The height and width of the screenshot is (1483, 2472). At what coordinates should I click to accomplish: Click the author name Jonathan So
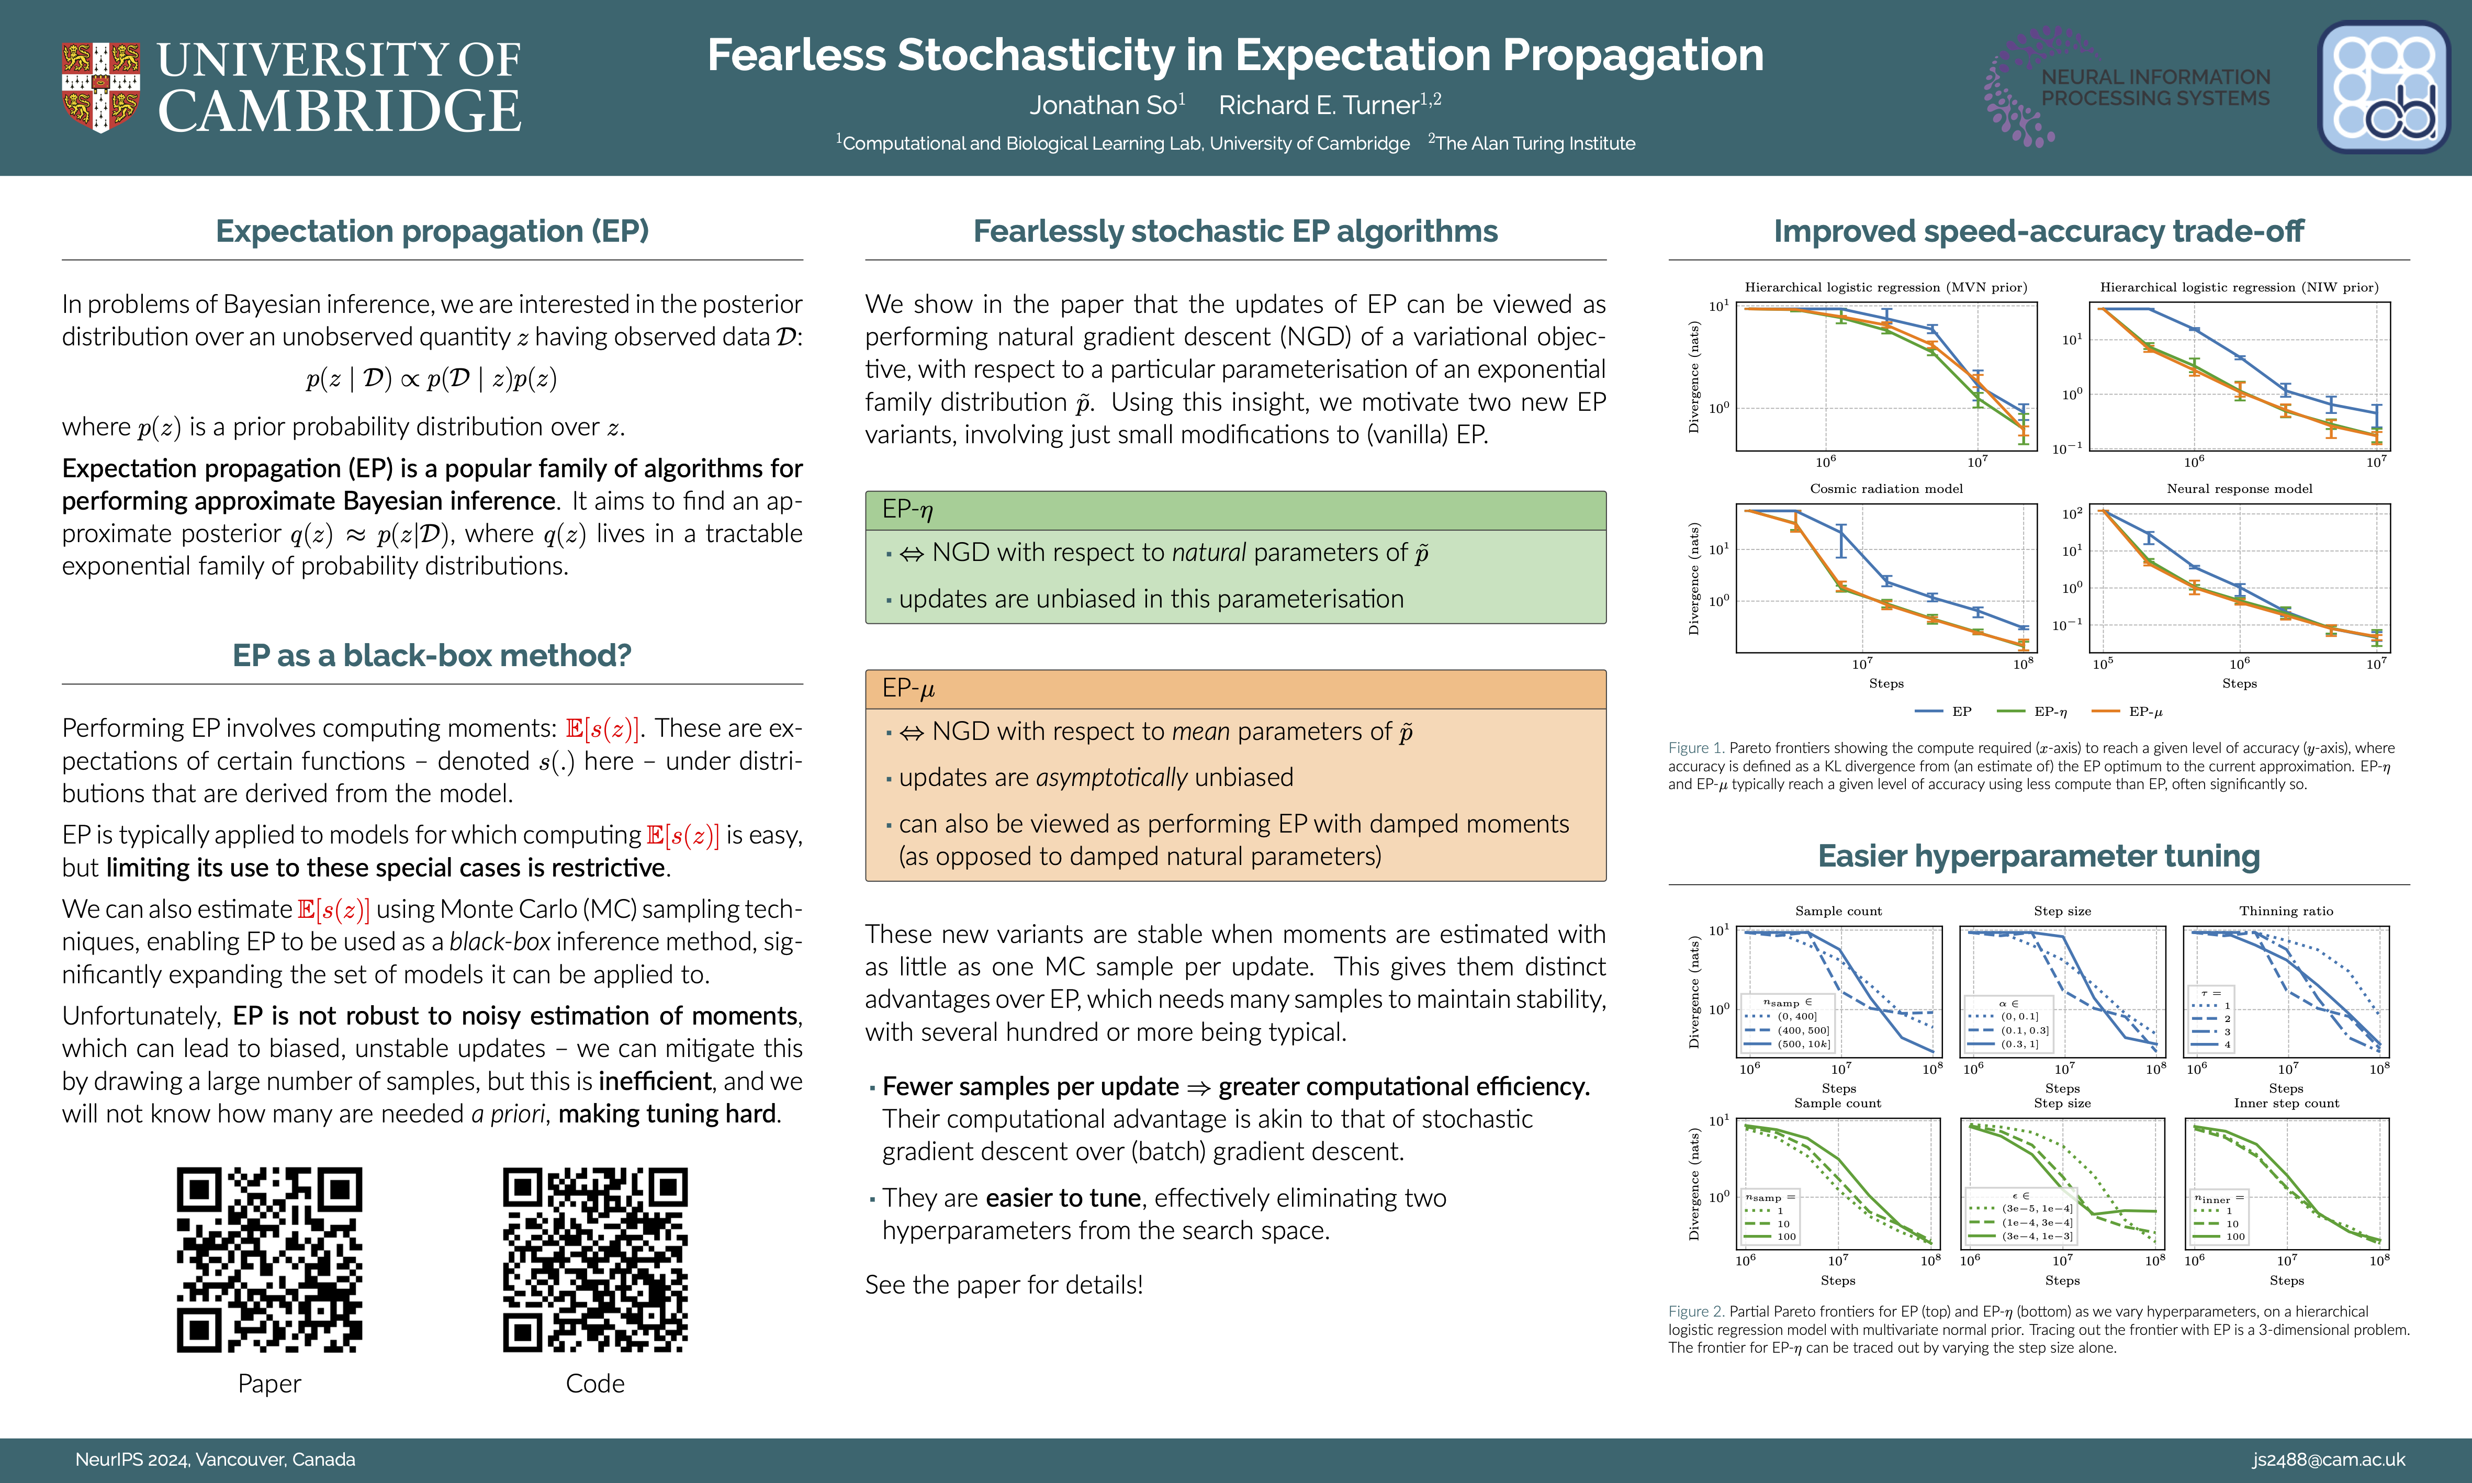click(x=1106, y=105)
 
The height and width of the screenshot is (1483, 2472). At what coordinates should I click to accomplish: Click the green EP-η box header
click(x=1235, y=511)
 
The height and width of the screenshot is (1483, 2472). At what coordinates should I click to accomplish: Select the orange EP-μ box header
click(x=1235, y=689)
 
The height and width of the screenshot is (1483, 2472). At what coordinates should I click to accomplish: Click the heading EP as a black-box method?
click(x=432, y=656)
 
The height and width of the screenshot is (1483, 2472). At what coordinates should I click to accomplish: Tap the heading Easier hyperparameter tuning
click(x=2038, y=857)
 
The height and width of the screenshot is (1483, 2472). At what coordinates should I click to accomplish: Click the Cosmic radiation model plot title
click(x=1885, y=489)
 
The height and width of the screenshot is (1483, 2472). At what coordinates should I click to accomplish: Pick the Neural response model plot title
click(x=2239, y=489)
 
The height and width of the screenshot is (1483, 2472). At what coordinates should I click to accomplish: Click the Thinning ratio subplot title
click(x=2286, y=912)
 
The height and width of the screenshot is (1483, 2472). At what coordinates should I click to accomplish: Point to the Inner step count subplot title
click(x=2286, y=1103)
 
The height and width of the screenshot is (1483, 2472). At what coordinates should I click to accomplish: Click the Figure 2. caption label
click(x=1695, y=1311)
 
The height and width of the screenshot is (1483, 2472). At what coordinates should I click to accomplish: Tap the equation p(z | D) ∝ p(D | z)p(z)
click(x=432, y=379)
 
